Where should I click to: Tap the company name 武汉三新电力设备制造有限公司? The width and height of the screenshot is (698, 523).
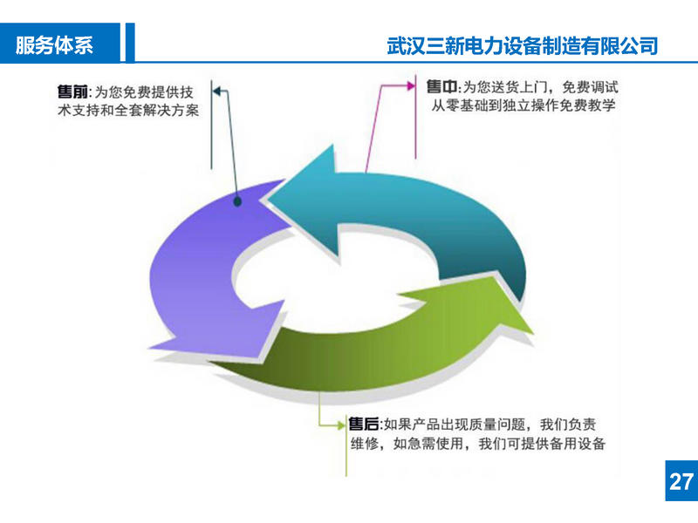(x=522, y=45)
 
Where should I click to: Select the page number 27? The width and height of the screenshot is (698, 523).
(x=681, y=480)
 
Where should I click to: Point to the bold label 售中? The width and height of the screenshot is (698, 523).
(x=442, y=87)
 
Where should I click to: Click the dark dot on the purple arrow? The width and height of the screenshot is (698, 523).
(x=238, y=202)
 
